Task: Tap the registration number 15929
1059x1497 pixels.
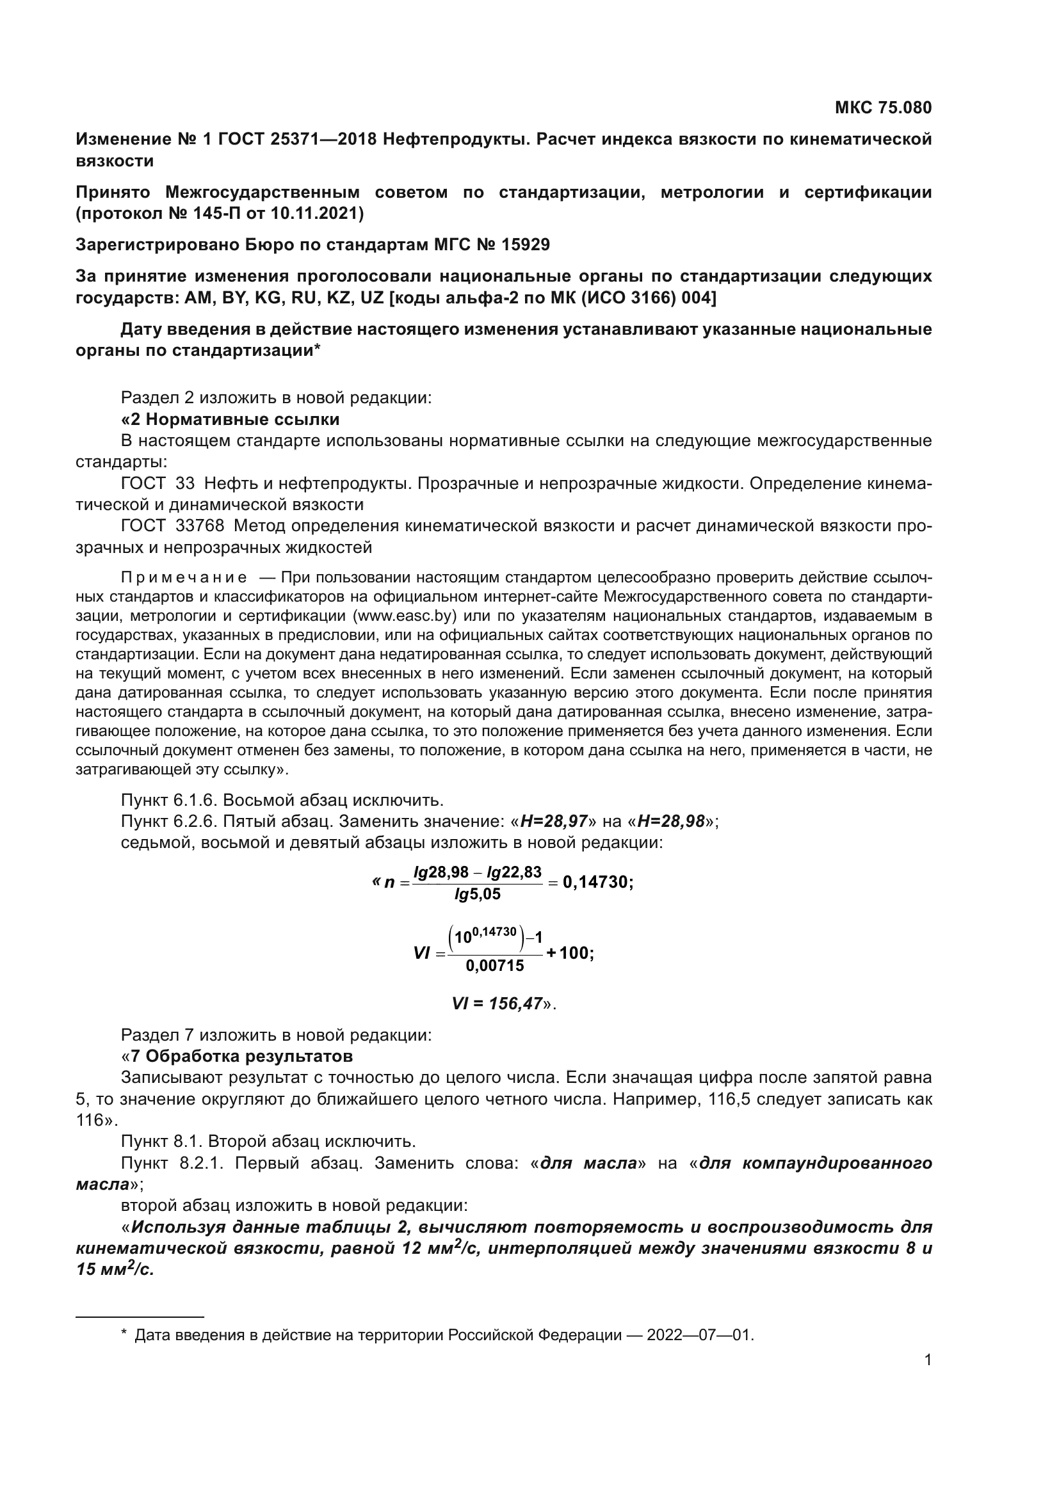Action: (526, 244)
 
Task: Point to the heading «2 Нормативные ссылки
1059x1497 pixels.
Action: (230, 419)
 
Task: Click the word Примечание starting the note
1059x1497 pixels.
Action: (184, 578)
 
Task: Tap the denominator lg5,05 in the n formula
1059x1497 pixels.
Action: (478, 894)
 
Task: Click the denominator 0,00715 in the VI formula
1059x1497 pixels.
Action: (495, 966)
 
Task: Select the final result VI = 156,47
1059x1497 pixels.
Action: (497, 1004)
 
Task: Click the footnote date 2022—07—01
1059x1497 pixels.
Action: (700, 1335)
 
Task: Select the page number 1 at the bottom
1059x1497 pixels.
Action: (928, 1360)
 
